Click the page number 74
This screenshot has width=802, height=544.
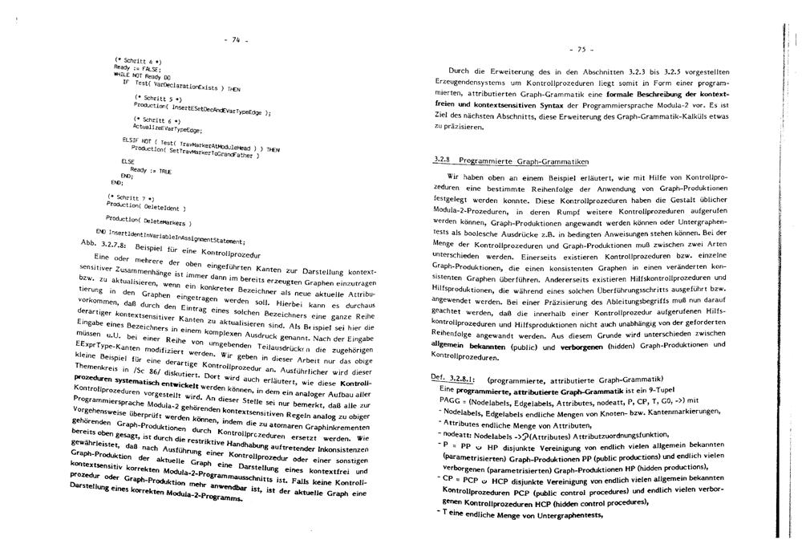pyautogui.click(x=237, y=40)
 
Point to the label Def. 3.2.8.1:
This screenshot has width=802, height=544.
pyautogui.click(x=449, y=378)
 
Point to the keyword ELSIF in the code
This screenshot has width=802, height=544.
pyautogui.click(x=131, y=138)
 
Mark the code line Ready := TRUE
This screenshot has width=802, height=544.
pyautogui.click(x=150, y=171)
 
